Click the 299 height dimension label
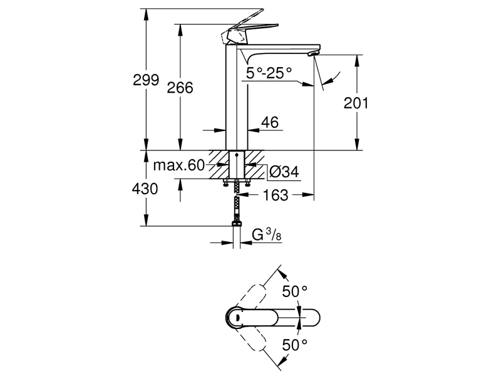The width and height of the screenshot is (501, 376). click(146, 80)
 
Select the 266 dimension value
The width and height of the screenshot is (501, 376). click(180, 88)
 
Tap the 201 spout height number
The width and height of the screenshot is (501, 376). click(356, 103)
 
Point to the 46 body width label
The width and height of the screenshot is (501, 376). click(270, 122)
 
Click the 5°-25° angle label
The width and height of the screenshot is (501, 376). click(269, 73)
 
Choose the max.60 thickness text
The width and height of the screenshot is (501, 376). click(178, 165)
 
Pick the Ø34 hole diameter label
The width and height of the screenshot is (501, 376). click(284, 172)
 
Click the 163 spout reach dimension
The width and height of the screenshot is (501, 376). click(276, 195)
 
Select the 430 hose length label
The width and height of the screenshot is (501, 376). click(145, 189)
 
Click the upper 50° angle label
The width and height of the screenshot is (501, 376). click(294, 291)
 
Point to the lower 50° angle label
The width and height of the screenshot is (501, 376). click(294, 345)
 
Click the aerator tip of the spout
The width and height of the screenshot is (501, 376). click(314, 54)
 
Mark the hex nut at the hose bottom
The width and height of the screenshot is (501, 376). click(237, 222)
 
